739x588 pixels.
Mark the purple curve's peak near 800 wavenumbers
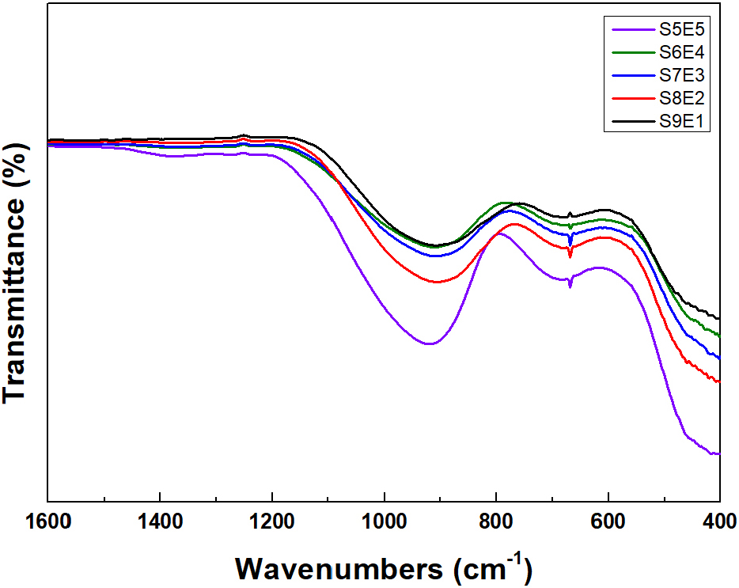tap(498, 233)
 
